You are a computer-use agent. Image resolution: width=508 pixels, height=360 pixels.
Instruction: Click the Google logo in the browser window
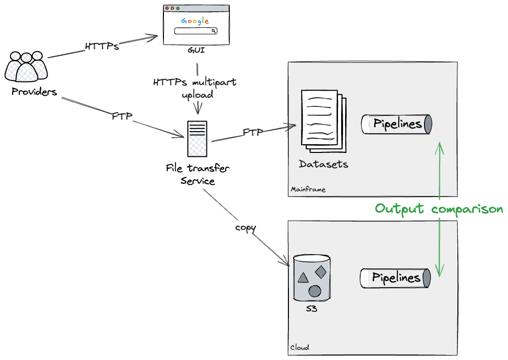pyautogui.click(x=195, y=21)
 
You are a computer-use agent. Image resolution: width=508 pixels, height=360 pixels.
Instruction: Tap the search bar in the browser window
pyautogui.click(x=196, y=31)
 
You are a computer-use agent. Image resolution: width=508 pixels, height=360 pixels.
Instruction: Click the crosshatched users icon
pyautogui.click(x=26, y=66)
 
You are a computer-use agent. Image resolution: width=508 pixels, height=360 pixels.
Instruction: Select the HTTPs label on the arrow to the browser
pyautogui.click(x=102, y=46)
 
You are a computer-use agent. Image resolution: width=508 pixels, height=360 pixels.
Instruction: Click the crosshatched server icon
pyautogui.click(x=197, y=139)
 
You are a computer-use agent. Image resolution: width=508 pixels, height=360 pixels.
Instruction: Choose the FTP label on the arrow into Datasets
pyautogui.click(x=253, y=132)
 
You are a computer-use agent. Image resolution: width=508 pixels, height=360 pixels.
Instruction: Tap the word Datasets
pyautogui.click(x=323, y=164)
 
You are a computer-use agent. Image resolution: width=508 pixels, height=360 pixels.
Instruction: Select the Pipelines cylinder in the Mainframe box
pyautogui.click(x=397, y=124)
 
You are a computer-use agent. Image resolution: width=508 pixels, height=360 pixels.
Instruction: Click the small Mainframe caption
pyautogui.click(x=308, y=189)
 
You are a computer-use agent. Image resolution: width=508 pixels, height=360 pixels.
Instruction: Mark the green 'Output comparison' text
pyautogui.click(x=439, y=209)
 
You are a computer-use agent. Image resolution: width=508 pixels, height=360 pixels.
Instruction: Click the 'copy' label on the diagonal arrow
pyautogui.click(x=245, y=228)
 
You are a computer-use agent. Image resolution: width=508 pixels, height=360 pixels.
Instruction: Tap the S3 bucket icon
pyautogui.click(x=312, y=277)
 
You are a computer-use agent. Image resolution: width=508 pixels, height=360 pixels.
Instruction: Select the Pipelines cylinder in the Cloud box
pyautogui.click(x=396, y=277)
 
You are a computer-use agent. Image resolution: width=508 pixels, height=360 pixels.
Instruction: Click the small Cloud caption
pyautogui.click(x=300, y=347)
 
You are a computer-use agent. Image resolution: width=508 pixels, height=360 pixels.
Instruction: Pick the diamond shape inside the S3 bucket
pyautogui.click(x=321, y=272)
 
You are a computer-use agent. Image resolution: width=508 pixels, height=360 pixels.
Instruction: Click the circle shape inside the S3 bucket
pyautogui.click(x=315, y=291)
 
